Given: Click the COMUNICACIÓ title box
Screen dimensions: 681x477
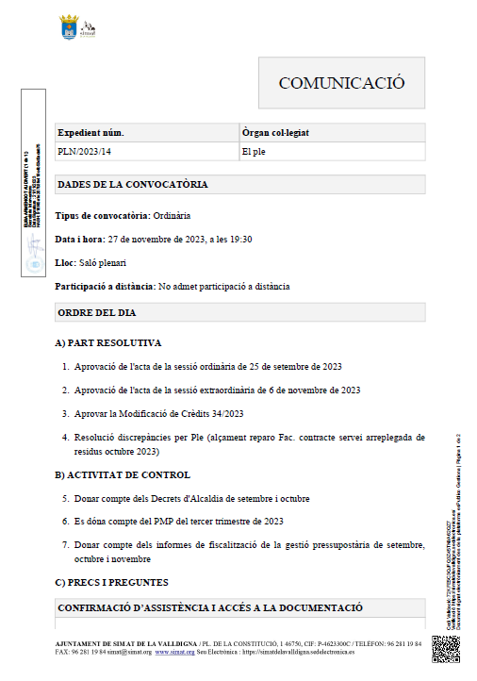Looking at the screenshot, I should (341, 83).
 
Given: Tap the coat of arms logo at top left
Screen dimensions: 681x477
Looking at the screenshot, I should (69, 27).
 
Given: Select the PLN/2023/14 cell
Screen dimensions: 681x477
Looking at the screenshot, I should (85, 151).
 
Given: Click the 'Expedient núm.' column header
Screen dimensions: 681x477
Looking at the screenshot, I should (90, 133).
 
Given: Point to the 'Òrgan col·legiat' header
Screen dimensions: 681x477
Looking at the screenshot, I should (283, 133).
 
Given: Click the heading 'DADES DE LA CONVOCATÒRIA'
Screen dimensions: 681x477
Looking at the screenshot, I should (132, 184).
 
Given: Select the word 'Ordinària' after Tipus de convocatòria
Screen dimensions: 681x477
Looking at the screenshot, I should (173, 215).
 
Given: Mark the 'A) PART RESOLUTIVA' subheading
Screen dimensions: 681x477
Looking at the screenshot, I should (108, 342).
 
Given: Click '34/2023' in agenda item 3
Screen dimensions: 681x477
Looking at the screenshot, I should (224, 413).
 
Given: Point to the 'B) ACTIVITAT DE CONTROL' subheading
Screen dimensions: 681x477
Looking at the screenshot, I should (123, 474).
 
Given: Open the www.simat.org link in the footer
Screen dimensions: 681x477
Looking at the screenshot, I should (174, 652).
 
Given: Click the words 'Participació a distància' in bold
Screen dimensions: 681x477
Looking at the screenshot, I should (104, 286).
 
